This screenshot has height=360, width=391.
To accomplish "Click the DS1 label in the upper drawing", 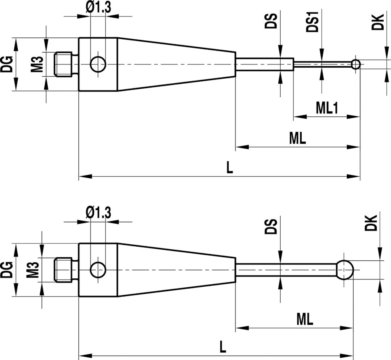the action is tap(313, 22).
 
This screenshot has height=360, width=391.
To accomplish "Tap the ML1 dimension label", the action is tap(327, 108).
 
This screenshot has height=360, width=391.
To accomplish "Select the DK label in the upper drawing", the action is tap(378, 22).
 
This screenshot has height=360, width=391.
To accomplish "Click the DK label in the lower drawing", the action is tap(371, 223).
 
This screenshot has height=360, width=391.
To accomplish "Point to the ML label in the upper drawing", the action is tap(297, 138).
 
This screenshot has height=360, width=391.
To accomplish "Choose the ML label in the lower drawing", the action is tap(305, 319).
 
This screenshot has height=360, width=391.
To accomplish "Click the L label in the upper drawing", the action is tap(229, 167).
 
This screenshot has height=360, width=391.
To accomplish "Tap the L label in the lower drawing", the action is tap(223, 347).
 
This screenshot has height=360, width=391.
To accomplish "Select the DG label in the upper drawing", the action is tap(6, 64).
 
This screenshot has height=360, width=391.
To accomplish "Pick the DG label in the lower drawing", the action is tap(6, 270).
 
